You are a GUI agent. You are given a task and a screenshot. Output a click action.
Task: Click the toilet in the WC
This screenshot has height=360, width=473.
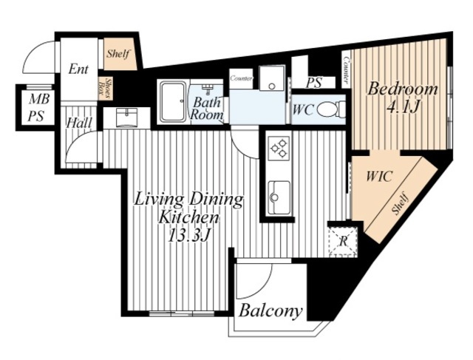(x=332, y=109)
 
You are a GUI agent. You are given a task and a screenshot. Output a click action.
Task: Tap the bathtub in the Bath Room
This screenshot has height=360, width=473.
(x=173, y=102)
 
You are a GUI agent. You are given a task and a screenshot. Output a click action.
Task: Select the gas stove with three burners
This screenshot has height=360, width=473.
(x=279, y=148)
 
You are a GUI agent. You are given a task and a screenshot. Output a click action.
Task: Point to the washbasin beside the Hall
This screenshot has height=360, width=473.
(x=126, y=118)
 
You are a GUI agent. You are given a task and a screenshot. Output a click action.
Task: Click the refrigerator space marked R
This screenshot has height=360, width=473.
(x=344, y=241)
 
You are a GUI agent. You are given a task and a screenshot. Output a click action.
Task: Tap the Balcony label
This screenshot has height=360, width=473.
(x=270, y=310)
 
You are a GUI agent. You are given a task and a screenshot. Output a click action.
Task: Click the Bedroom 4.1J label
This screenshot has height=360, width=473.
(x=402, y=98)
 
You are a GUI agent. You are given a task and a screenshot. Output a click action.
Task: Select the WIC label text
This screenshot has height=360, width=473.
(x=379, y=176)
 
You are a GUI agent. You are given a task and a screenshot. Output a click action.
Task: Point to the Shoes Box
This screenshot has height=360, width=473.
(x=106, y=89)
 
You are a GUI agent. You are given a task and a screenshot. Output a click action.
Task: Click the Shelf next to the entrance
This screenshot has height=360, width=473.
(x=120, y=54)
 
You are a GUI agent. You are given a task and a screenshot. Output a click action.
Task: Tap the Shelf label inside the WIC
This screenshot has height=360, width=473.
(x=401, y=204)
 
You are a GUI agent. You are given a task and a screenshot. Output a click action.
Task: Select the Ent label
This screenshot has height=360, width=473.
(x=78, y=69)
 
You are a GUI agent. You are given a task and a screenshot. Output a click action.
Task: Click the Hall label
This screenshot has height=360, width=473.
(x=79, y=123)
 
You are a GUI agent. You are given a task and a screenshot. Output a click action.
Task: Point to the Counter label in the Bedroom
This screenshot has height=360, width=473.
(x=346, y=70)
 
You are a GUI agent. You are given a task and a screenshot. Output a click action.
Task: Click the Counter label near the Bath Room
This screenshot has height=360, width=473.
(x=241, y=78)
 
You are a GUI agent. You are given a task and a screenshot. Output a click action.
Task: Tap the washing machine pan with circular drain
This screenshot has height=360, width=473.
(x=272, y=78)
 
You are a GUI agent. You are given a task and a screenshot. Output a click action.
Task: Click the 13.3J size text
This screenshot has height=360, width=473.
(x=188, y=235)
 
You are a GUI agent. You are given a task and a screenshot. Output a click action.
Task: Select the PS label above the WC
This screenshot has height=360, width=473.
(x=314, y=83)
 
